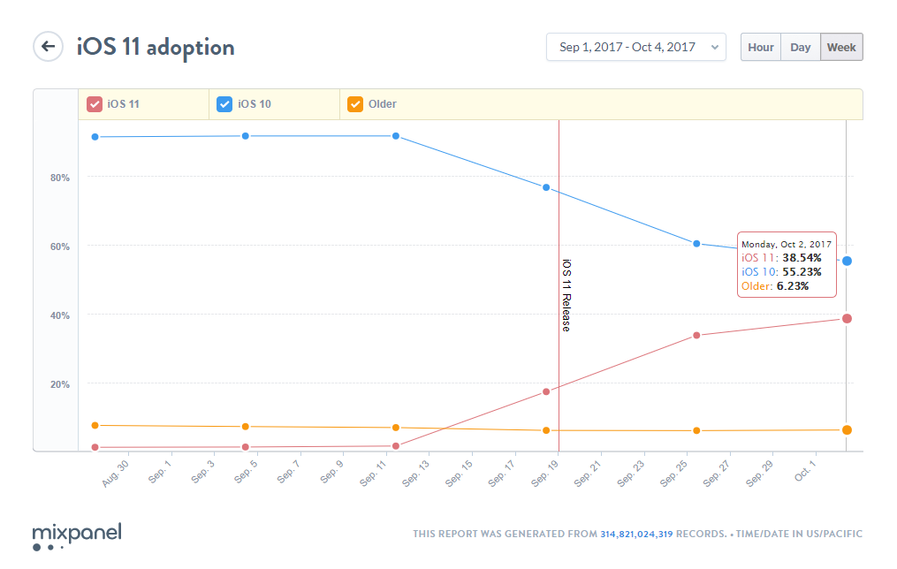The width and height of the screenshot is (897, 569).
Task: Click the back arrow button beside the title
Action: [48, 47]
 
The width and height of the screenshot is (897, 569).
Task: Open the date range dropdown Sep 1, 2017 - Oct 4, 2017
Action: [635, 48]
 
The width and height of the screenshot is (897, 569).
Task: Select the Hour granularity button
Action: [760, 48]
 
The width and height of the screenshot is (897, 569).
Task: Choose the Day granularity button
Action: [800, 48]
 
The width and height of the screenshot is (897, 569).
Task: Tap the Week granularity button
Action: [840, 48]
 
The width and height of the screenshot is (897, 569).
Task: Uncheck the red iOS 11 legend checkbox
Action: [94, 104]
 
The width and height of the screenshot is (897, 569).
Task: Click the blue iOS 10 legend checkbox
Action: [224, 104]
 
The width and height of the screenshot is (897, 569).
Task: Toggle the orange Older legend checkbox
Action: [355, 104]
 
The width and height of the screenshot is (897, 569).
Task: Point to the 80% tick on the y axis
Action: [60, 178]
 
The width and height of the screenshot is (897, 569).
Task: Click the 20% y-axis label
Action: [60, 384]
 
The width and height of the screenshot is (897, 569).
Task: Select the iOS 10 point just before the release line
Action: [546, 187]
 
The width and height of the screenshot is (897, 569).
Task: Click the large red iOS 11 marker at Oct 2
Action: [847, 318]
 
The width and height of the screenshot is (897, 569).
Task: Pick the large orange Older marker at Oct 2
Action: [847, 430]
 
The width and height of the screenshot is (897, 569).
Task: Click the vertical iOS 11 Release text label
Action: [566, 295]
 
